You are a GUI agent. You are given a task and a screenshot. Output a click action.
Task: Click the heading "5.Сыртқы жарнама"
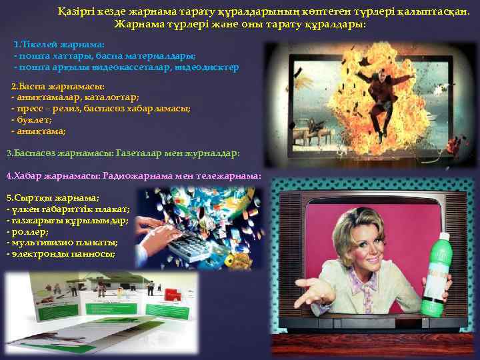pyautogui.click(x=53, y=198)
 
